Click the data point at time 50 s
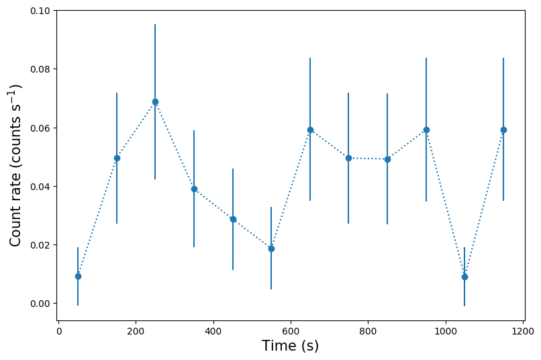pos(78,276)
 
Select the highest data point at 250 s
pos(155,101)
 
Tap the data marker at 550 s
pos(271,249)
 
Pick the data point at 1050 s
pos(464,276)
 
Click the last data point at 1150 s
pos(503,130)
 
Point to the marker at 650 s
pos(310,130)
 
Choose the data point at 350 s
pos(194,189)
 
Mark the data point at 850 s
pos(387,159)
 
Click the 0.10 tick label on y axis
pos(40,11)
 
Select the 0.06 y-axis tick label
pos(40,128)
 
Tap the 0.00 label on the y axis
pos(40,304)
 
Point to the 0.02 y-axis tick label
pos(40,245)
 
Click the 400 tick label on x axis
pos(213,331)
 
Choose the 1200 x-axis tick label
pos(523,331)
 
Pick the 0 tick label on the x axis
pos(59,331)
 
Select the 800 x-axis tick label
pos(368,331)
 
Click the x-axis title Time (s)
pos(290,347)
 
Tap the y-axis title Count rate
pos(16,165)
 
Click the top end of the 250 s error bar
pos(155,25)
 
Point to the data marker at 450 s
pos(233,219)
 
